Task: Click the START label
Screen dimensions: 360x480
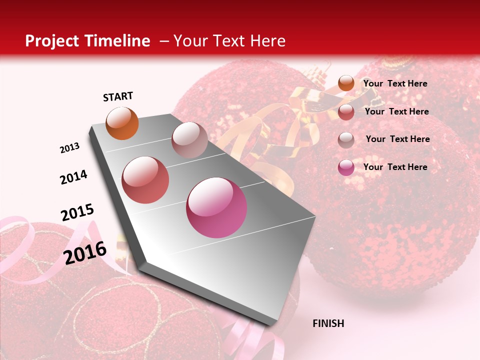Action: (x=118, y=96)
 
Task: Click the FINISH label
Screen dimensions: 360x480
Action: (x=328, y=323)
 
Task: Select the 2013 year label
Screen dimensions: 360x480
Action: (x=70, y=148)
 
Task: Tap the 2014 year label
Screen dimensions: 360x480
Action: (x=73, y=177)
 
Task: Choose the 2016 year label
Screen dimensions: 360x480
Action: (x=85, y=252)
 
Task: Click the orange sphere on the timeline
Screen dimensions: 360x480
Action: (x=122, y=123)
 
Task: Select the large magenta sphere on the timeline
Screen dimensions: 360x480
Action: (x=216, y=207)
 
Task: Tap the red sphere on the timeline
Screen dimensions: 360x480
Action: (x=145, y=180)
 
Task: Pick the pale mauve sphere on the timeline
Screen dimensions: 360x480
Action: (x=189, y=140)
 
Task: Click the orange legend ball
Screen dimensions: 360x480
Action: (x=346, y=83)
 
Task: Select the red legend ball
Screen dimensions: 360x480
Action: (x=346, y=112)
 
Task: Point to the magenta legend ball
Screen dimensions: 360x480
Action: (x=346, y=167)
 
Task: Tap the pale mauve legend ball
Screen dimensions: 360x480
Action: (x=346, y=140)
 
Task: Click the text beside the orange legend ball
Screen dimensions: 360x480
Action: (x=395, y=83)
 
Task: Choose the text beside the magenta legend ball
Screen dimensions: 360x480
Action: (x=395, y=167)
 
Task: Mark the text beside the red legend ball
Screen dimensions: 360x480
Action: (x=396, y=111)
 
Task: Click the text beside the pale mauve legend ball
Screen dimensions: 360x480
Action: (x=397, y=139)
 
